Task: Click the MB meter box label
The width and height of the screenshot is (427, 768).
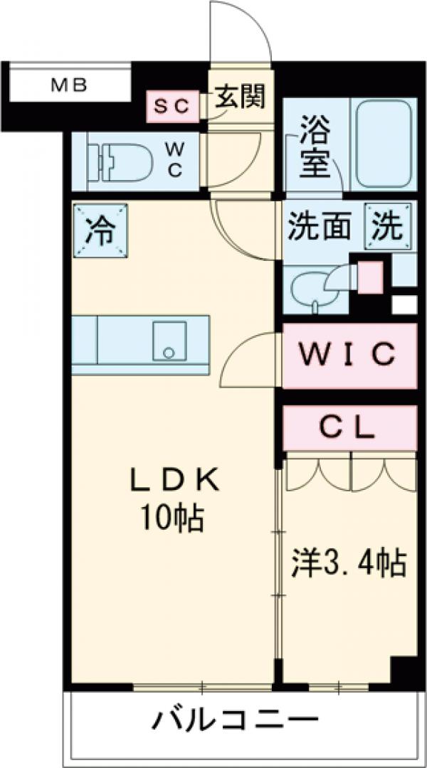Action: (x=69, y=86)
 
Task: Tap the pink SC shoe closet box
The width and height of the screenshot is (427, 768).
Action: (x=172, y=106)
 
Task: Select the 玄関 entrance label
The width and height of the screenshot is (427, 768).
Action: (x=241, y=97)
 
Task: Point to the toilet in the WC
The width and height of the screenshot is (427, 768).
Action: (x=122, y=161)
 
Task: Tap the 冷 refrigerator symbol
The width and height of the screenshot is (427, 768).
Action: (x=100, y=230)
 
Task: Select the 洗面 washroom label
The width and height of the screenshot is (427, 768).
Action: (x=320, y=228)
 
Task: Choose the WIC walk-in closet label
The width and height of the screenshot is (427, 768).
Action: (x=349, y=354)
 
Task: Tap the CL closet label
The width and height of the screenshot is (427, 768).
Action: (x=349, y=427)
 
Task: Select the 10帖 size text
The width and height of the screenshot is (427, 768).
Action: (x=171, y=520)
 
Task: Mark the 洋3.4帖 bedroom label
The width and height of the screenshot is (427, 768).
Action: (x=349, y=565)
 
